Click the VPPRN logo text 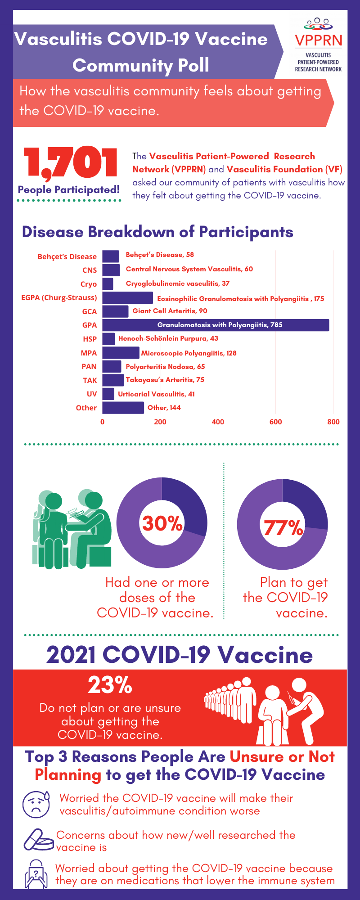(x=319, y=40)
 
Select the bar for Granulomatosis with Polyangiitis (x=216, y=325)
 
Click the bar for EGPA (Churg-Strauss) (x=127, y=298)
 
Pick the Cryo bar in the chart (x=108, y=284)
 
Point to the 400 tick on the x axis (x=218, y=422)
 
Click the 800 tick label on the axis (x=333, y=422)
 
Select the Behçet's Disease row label (x=67, y=256)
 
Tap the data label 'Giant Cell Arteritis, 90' (x=170, y=311)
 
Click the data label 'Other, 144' (x=164, y=408)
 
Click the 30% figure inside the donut (x=162, y=523)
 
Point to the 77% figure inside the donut (x=283, y=528)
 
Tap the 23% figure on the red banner (x=110, y=685)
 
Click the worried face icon (x=36, y=804)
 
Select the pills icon (x=38, y=840)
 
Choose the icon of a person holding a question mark (x=36, y=874)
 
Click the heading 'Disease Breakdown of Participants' (x=157, y=232)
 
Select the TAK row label (x=90, y=380)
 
